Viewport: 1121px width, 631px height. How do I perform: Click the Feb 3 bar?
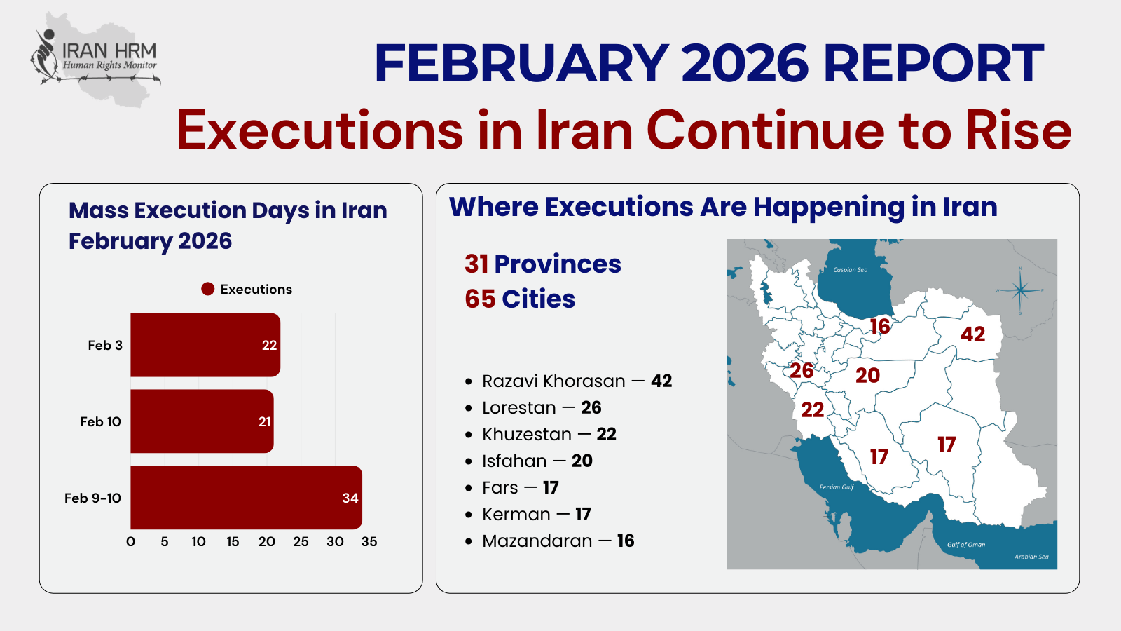coord(205,345)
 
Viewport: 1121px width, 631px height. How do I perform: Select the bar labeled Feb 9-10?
coord(246,497)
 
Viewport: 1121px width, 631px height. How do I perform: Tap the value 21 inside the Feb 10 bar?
coord(264,421)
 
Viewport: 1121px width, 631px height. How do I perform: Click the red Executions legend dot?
coord(207,289)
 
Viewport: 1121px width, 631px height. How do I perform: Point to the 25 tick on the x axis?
coord(301,541)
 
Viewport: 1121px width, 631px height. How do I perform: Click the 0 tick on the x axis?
coord(130,541)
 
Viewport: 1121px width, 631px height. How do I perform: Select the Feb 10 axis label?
coord(101,421)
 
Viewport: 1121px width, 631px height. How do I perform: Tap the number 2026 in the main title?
coord(745,64)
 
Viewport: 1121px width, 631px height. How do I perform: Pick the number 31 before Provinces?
coord(476,264)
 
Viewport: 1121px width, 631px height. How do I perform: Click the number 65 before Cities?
coord(480,299)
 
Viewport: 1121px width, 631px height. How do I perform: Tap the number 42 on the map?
coord(972,334)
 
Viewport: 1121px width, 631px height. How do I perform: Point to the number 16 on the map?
coord(880,327)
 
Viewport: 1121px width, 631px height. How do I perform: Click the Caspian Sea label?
coord(851,270)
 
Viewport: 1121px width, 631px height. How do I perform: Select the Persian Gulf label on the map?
coord(837,487)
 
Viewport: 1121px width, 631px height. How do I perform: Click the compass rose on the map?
coord(1020,290)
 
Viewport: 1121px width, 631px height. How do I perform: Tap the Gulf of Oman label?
coord(966,545)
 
